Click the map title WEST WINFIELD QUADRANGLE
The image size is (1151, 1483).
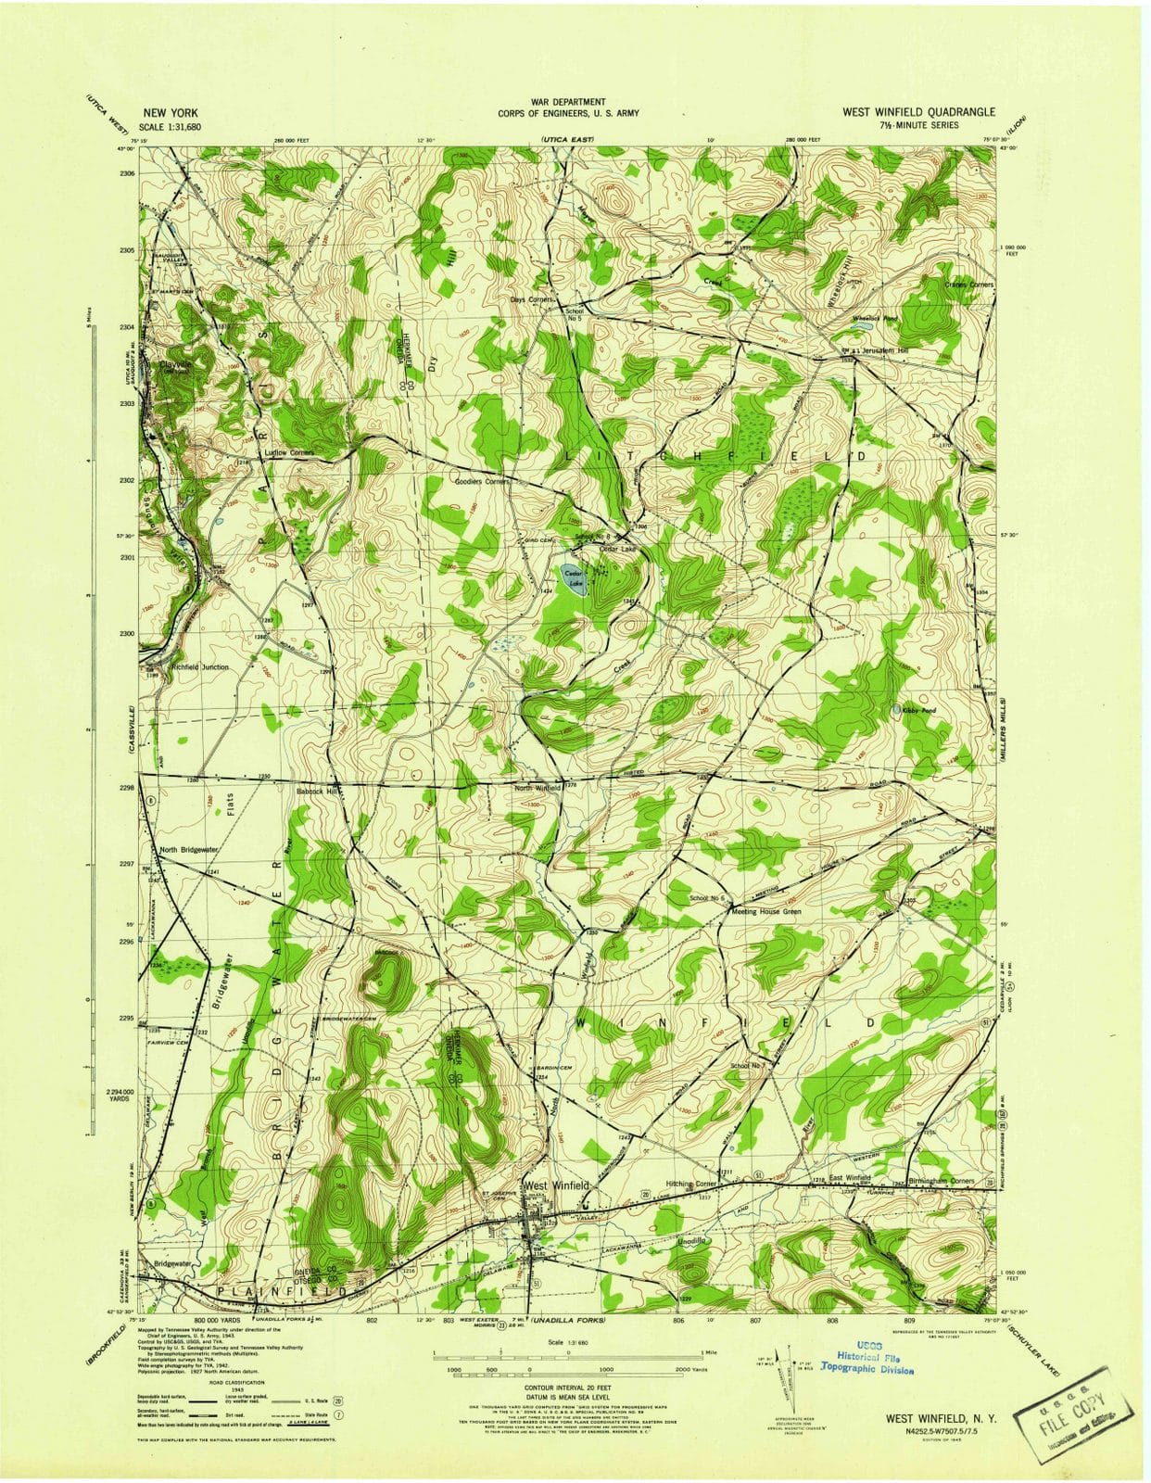[918, 111]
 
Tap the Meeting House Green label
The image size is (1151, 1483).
[766, 911]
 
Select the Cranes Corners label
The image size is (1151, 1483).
[968, 284]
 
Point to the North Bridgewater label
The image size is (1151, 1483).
[189, 849]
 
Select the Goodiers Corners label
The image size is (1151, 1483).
[483, 482]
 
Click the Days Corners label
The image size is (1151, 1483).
[531, 299]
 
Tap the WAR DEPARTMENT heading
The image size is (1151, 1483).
[568, 101]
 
